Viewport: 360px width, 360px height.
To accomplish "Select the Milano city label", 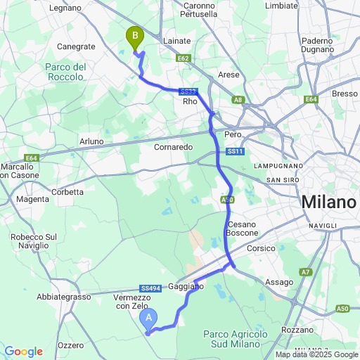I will pyautogui.click(x=328, y=202).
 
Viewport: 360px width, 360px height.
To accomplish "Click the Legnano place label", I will pyautogui.click(x=67, y=8).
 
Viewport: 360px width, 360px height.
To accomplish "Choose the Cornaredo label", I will pyautogui.click(x=174, y=148).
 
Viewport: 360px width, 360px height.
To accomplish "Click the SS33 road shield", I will pyautogui.click(x=187, y=91).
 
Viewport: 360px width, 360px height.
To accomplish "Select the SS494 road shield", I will pyautogui.click(x=150, y=288).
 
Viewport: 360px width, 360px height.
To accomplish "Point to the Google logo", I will pyautogui.click(x=23, y=352).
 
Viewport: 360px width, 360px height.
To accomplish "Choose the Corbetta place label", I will pyautogui.click(x=68, y=191).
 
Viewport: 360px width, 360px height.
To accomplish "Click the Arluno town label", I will pyautogui.click(x=91, y=141).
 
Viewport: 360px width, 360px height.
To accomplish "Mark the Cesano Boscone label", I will pyautogui.click(x=243, y=228).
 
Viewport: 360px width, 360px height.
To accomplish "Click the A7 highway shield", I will pyautogui.click(x=306, y=271).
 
